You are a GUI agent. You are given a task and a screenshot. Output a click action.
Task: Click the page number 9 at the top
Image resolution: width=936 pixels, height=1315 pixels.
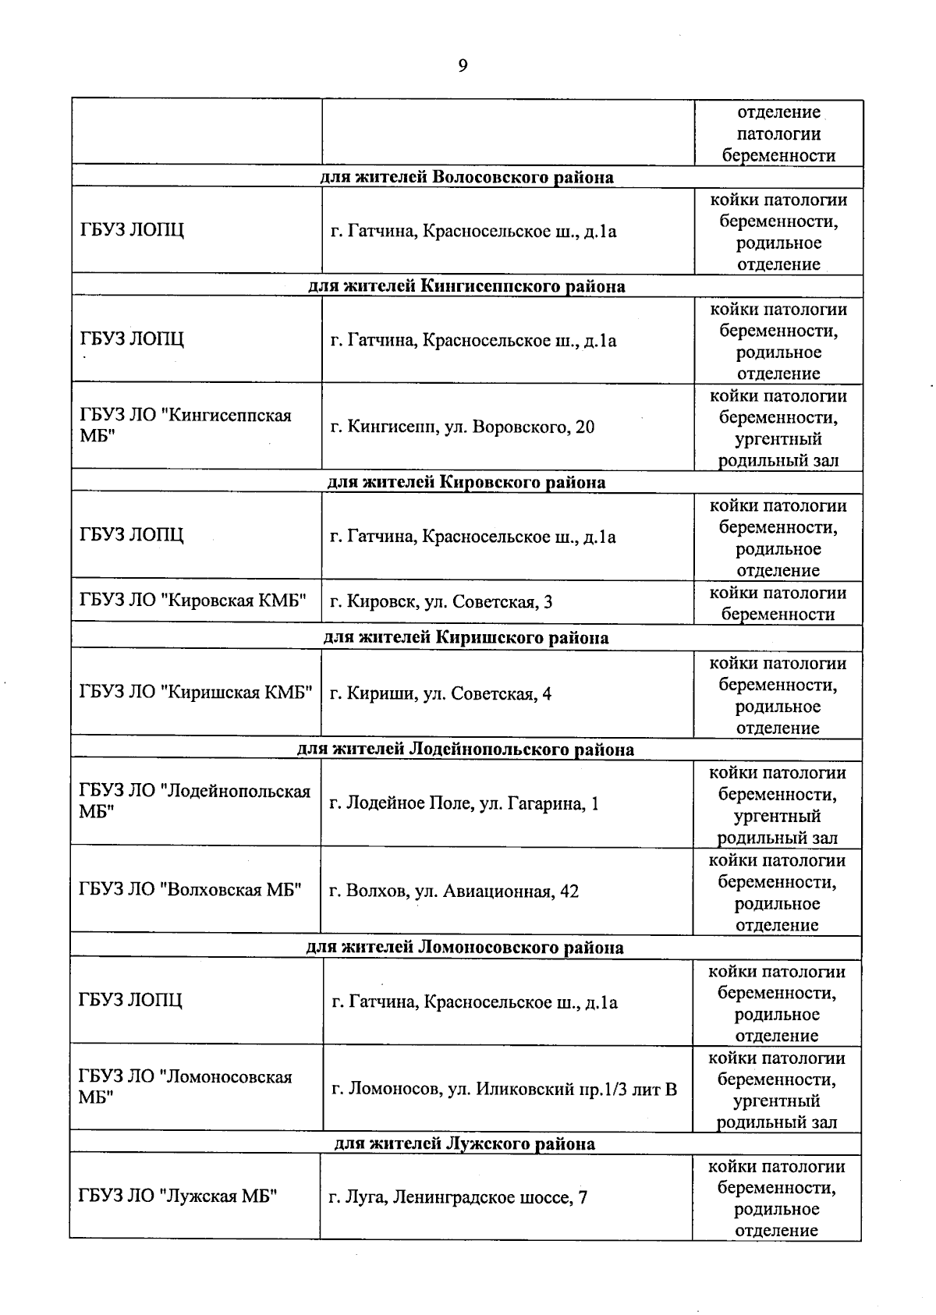pyautogui.click(x=463, y=66)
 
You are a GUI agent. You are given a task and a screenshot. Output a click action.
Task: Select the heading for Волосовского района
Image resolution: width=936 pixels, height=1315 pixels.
pyautogui.click(x=466, y=177)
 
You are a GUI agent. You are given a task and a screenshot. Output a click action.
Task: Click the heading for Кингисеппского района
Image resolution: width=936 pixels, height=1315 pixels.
pyautogui.click(x=466, y=286)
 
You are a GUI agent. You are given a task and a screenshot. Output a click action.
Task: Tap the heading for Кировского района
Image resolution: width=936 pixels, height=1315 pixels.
pyautogui.click(x=466, y=482)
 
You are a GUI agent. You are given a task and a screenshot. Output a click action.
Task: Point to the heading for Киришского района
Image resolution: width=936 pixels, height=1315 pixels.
pyautogui.click(x=466, y=638)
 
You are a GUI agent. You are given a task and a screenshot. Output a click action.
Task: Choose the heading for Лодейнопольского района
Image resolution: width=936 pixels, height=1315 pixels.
pyautogui.click(x=465, y=750)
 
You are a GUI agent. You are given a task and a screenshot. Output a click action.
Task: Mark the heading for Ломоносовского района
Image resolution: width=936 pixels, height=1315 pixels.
pyautogui.click(x=464, y=948)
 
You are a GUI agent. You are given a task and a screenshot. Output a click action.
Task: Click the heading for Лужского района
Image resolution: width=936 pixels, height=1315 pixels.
pyautogui.click(x=464, y=1144)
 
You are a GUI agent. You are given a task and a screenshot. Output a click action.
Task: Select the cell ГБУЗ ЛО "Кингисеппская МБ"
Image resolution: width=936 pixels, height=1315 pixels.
pyautogui.click(x=185, y=425)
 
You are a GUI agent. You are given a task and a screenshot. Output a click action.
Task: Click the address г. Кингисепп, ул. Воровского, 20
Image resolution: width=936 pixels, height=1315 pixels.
pyautogui.click(x=462, y=427)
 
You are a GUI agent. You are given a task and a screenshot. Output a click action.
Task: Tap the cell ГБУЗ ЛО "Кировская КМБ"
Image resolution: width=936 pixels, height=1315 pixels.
pyautogui.click(x=192, y=601)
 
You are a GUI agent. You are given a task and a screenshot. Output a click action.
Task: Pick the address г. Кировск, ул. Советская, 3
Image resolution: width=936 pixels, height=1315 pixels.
pyautogui.click(x=441, y=602)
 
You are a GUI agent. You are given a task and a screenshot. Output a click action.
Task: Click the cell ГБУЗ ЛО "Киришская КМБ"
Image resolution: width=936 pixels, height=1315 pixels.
pyautogui.click(x=195, y=693)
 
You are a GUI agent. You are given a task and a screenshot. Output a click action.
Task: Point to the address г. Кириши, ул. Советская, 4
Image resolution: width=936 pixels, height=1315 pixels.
pyautogui.click(x=440, y=694)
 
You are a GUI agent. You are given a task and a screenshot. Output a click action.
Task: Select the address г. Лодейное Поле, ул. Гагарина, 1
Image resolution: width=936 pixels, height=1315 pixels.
pyautogui.click(x=463, y=803)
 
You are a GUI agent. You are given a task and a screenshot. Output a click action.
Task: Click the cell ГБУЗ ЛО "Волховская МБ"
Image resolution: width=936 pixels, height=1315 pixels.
pyautogui.click(x=190, y=890)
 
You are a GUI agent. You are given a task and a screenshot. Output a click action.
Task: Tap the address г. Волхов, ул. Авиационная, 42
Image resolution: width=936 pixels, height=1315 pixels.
pyautogui.click(x=453, y=891)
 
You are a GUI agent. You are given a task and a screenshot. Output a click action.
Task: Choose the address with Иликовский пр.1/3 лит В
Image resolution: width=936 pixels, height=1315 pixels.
pyautogui.click(x=504, y=1089)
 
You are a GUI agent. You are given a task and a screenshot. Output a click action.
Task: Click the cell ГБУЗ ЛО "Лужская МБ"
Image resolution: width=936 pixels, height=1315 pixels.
pyautogui.click(x=178, y=1196)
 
